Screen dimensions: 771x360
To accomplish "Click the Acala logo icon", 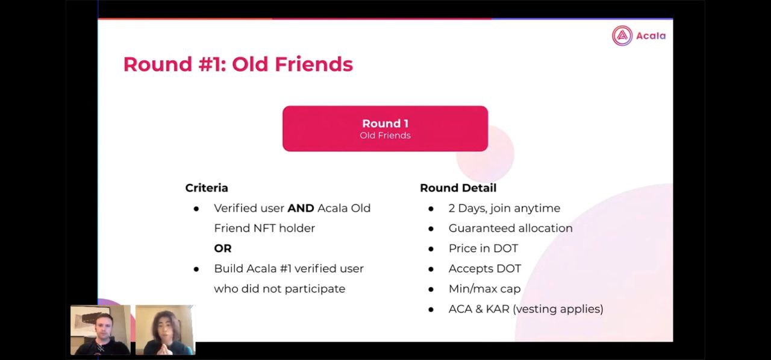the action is [622, 36].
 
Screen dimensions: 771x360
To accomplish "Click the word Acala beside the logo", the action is [651, 36].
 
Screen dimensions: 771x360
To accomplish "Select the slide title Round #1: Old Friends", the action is [238, 64].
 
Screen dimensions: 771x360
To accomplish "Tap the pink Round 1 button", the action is [385, 128].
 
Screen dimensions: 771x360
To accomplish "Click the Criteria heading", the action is [207, 188].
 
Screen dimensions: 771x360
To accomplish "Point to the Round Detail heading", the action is [458, 188].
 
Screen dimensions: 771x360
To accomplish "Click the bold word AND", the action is [301, 208].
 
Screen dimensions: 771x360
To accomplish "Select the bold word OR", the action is [223, 248].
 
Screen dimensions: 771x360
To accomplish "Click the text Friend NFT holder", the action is [264, 228].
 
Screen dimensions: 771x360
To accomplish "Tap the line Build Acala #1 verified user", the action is [289, 268].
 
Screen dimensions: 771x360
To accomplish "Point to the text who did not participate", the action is [279, 289].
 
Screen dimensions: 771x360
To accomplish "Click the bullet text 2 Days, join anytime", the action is [504, 208].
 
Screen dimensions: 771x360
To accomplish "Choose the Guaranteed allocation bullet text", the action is [510, 228].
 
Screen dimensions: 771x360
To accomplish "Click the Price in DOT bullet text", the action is [483, 248].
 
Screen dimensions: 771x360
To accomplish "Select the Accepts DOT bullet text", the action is [485, 268].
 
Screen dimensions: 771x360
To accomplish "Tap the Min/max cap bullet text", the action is [485, 289].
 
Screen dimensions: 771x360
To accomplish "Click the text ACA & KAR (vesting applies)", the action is [526, 309].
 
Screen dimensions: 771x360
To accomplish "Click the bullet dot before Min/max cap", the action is [431, 289].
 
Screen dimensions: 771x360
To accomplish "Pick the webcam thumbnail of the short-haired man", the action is [101, 330].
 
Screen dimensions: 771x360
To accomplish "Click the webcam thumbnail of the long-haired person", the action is [165, 330].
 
